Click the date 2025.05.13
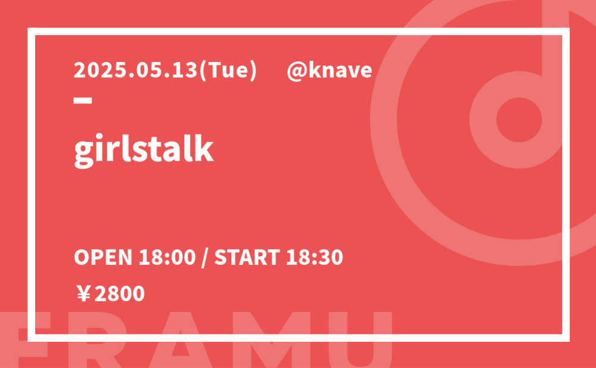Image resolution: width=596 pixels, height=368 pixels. [x=136, y=70]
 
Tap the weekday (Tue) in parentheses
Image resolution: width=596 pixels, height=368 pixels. [x=228, y=71]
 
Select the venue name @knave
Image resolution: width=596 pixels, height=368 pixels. [x=329, y=70]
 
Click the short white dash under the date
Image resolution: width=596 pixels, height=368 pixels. [x=83, y=101]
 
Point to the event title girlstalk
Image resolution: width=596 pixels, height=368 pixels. [x=144, y=149]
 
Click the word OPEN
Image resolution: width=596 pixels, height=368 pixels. [x=103, y=257]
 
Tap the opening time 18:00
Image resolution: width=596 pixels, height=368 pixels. [x=167, y=257]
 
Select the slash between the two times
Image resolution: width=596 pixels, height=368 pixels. [x=205, y=258]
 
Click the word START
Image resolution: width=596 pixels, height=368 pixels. [x=247, y=257]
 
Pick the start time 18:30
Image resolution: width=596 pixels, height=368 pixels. [x=314, y=257]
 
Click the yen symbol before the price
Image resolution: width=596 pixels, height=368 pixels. [x=83, y=294]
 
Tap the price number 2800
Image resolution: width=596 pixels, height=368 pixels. [x=119, y=294]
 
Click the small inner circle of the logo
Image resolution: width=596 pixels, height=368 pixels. [x=519, y=120]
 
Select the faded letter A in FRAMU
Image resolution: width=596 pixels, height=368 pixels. [x=181, y=339]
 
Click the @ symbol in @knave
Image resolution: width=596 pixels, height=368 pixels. [x=297, y=71]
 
